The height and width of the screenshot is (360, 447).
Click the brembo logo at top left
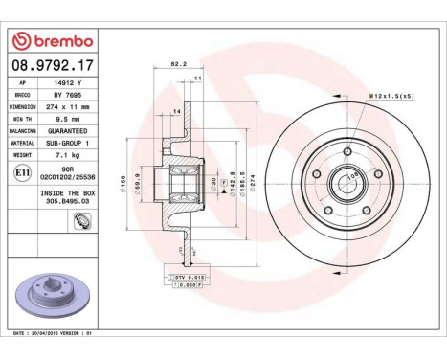pos(54,41)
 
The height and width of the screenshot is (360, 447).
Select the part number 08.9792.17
pos(54,68)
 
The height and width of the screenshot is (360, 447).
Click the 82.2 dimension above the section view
pos(177,65)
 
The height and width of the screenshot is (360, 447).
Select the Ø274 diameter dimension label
pos(265,176)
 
